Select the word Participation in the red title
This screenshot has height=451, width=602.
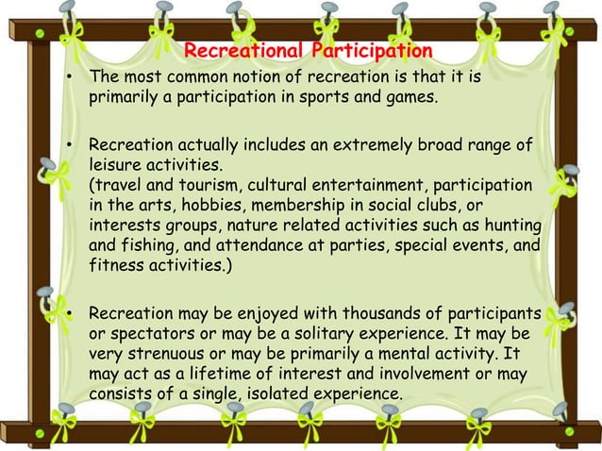click(x=375, y=50)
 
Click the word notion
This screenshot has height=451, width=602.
click(x=260, y=75)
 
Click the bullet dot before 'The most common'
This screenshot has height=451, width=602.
click(x=70, y=76)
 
